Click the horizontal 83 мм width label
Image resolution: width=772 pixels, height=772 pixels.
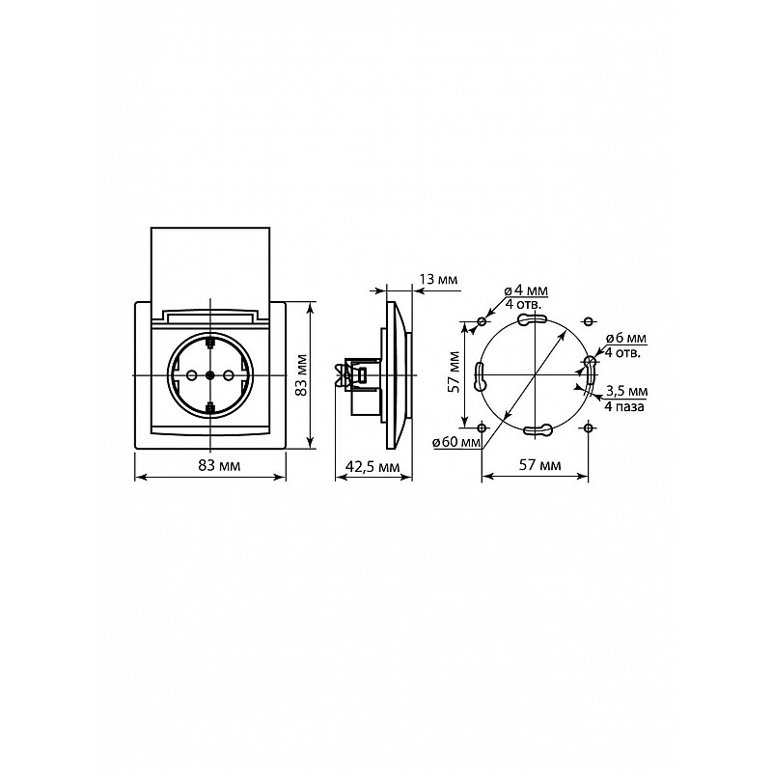click(x=219, y=465)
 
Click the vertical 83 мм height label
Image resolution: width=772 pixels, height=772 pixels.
click(x=301, y=374)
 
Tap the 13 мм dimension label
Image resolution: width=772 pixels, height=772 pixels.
click(x=438, y=279)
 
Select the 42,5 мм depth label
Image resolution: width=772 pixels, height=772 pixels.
click(x=372, y=466)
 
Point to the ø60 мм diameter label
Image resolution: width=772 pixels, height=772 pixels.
click(x=456, y=442)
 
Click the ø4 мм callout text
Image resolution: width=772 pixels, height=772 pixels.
click(x=526, y=291)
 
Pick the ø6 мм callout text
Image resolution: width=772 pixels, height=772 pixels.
click(x=625, y=339)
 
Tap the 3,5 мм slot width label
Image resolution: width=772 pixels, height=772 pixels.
click(x=626, y=392)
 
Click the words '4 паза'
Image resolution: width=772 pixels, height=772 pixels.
click(x=624, y=406)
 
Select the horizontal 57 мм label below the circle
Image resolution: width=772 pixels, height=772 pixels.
click(x=540, y=465)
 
